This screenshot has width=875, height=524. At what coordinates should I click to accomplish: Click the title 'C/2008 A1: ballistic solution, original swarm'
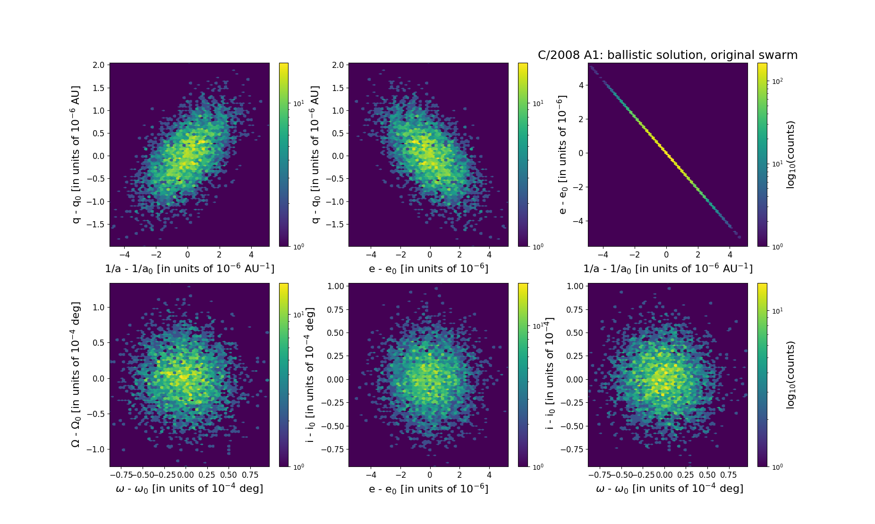pyautogui.click(x=667, y=55)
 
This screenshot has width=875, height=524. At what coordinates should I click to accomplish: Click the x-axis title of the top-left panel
pyautogui.click(x=189, y=268)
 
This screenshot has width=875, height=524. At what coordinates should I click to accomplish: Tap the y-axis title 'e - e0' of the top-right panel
pyautogui.click(x=562, y=155)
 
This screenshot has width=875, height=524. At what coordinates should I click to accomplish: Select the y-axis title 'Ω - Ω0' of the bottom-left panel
pyautogui.click(x=76, y=374)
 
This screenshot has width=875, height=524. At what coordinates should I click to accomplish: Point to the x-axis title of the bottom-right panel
pyautogui.click(x=669, y=489)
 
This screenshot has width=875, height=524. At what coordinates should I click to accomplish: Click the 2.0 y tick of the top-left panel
pyautogui.click(x=99, y=65)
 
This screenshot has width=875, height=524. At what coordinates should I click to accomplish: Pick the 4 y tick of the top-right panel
pyautogui.click(x=580, y=85)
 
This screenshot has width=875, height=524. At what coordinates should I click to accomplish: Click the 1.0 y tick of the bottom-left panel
pyautogui.click(x=99, y=307)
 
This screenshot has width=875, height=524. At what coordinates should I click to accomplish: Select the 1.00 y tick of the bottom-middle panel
pyautogui.click(x=336, y=286)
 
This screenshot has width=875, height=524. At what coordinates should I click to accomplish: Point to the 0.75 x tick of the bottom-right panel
pyautogui.click(x=729, y=474)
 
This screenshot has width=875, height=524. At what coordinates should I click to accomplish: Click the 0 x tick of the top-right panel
pyautogui.click(x=666, y=255)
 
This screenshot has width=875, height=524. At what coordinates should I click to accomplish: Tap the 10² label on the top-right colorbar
pyautogui.click(x=777, y=81)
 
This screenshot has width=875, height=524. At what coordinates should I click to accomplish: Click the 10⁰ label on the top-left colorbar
pyautogui.click(x=298, y=246)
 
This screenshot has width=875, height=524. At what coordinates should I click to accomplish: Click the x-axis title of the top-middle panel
pyautogui.click(x=428, y=268)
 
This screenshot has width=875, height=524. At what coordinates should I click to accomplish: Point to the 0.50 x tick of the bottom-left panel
pyautogui.click(x=229, y=474)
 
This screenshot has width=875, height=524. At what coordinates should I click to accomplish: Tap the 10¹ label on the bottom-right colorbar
pyautogui.click(x=777, y=311)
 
